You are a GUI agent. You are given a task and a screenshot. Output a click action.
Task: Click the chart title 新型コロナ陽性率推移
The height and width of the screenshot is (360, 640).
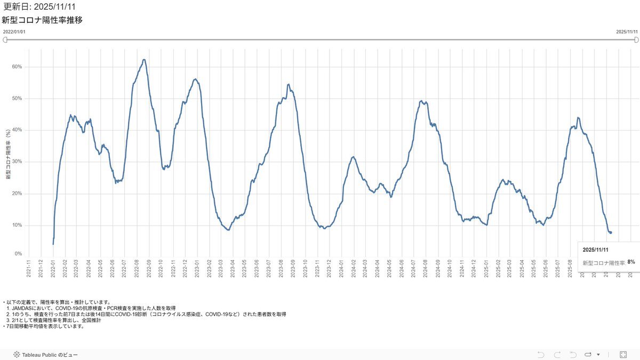(42, 20)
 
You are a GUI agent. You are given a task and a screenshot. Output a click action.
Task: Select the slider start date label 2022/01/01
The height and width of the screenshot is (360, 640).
(14, 32)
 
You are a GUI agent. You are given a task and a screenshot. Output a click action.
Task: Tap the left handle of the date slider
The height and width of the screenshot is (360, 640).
(5, 39)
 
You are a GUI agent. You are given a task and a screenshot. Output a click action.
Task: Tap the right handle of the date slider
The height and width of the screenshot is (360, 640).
(636, 39)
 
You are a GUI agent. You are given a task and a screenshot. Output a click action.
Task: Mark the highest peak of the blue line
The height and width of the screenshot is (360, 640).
(144, 60)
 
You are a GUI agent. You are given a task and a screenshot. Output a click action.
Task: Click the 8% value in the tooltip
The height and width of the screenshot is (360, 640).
(631, 262)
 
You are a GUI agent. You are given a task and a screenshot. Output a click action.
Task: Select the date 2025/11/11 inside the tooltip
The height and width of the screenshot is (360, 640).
(595, 250)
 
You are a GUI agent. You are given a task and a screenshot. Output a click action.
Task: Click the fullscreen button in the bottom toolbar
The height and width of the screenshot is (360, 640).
(623, 355)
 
